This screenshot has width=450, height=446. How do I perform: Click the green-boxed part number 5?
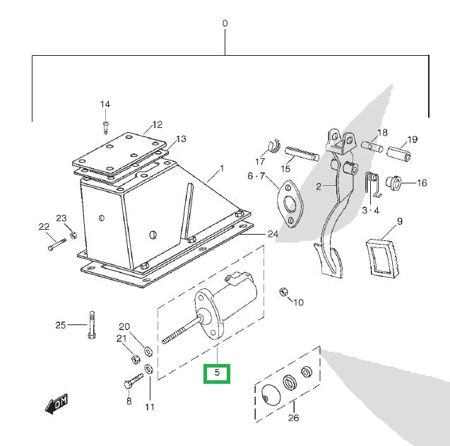tap(217, 372)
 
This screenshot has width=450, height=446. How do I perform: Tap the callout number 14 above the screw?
tap(105, 105)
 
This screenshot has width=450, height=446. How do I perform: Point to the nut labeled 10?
tap(283, 292)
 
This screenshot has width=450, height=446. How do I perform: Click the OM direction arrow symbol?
tap(57, 404)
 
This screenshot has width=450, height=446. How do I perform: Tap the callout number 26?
tap(293, 418)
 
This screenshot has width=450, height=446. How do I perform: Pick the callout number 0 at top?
tap(225, 23)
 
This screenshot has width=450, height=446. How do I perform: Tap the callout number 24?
tap(272, 234)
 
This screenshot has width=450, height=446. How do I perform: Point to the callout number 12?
tap(157, 124)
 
